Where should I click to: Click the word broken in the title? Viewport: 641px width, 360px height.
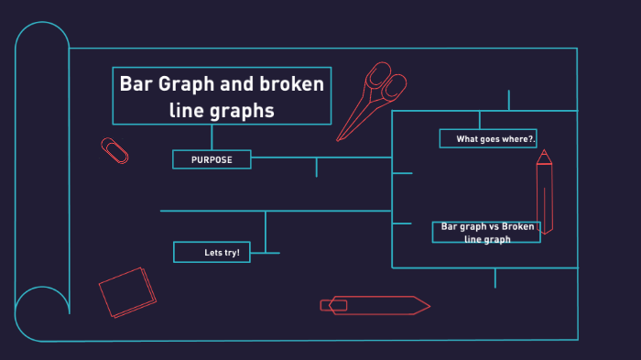coord(291,84)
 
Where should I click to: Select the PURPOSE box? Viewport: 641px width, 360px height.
coord(212,159)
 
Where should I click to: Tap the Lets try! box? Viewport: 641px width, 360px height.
coord(212,252)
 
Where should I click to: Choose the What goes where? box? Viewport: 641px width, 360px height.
coord(488,138)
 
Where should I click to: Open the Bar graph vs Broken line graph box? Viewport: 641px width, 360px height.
coord(486,233)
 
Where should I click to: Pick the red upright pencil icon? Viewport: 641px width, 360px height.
coord(544,192)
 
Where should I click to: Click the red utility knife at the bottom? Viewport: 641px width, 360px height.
coord(375,305)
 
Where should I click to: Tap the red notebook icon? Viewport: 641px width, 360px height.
coord(127,292)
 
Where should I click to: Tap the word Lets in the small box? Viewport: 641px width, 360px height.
coord(213,252)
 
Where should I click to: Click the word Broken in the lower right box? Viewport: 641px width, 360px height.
coord(517,226)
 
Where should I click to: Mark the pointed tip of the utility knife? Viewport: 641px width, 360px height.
coord(428,305)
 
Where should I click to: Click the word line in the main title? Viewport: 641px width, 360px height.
coord(187,111)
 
